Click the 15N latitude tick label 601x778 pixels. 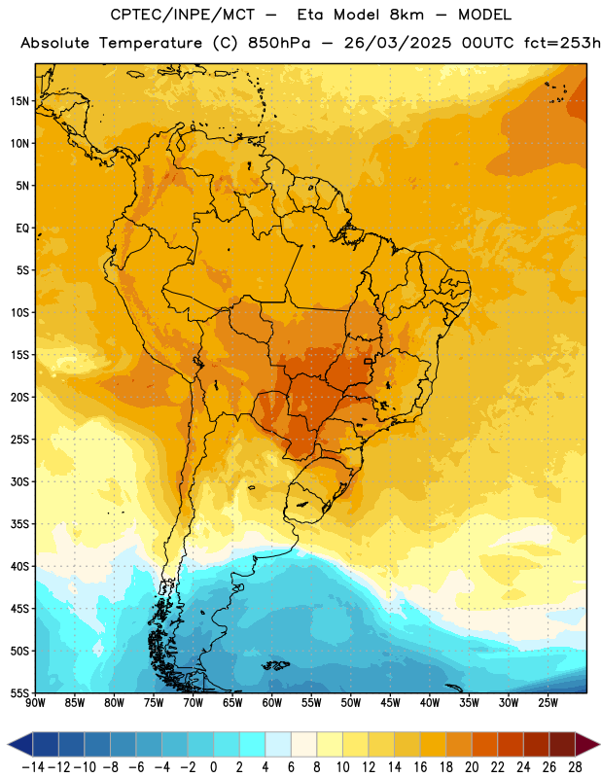click(x=19, y=101)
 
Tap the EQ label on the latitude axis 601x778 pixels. click(x=22, y=229)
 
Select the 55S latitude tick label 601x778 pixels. click(x=19, y=693)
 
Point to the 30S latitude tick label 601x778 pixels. click(x=19, y=481)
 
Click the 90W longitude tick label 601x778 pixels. click(x=35, y=702)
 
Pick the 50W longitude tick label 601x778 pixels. click(x=351, y=702)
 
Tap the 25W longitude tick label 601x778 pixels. click(x=548, y=702)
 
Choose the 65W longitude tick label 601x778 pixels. click(x=232, y=702)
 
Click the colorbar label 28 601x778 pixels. click(x=575, y=767)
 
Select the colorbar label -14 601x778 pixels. click(x=33, y=767)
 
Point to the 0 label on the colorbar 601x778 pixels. click(x=213, y=767)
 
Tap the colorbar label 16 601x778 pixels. click(x=420, y=767)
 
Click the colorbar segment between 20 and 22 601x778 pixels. click(x=485, y=744)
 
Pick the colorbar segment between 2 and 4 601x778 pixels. click(x=253, y=744)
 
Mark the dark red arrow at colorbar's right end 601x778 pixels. click(x=587, y=744)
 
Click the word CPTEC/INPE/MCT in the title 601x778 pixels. click(x=183, y=15)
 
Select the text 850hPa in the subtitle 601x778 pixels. click(x=279, y=43)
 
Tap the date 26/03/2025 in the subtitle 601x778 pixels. click(x=398, y=43)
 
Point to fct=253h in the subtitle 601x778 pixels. click(x=562, y=43)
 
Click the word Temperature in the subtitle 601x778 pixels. click(x=151, y=44)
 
